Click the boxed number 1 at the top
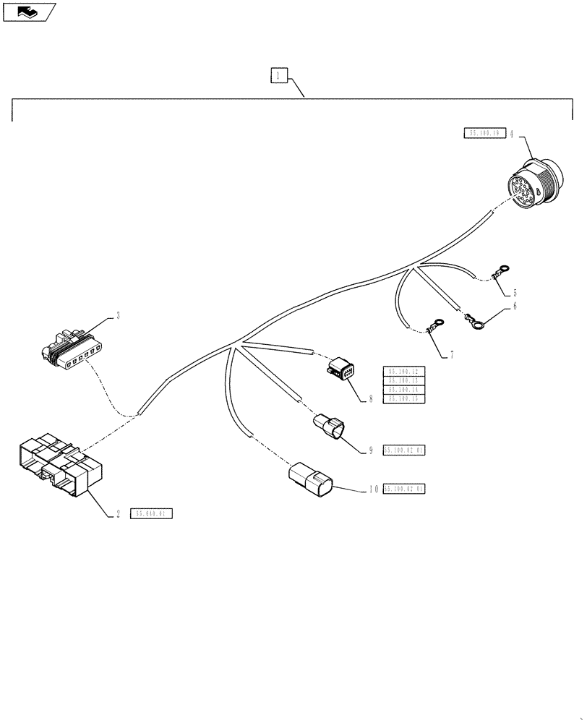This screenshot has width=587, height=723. (280, 74)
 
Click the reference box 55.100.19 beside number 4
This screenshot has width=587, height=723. (484, 133)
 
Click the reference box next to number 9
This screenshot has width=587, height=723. (404, 450)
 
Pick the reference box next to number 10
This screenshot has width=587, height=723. (404, 489)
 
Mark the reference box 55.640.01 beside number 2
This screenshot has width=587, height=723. (152, 514)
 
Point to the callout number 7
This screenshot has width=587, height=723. (452, 354)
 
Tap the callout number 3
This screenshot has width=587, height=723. (118, 316)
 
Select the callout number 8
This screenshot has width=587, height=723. (371, 398)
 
